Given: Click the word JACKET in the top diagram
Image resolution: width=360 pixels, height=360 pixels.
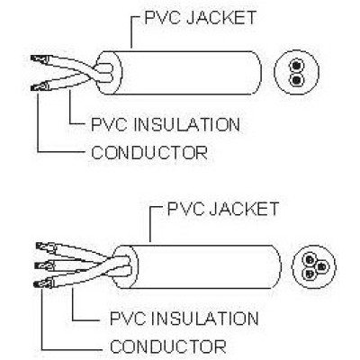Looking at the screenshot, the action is (221, 17).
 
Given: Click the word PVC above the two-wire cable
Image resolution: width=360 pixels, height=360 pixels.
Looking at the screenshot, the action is (163, 17).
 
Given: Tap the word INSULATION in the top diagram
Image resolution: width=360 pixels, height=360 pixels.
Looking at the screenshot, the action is (186, 124).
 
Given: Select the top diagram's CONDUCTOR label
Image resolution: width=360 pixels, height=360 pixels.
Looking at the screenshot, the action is (149, 152).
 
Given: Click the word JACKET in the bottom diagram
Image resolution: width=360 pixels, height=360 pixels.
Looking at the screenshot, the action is (244, 209).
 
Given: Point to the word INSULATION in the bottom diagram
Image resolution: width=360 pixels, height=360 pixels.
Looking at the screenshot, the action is (205, 319).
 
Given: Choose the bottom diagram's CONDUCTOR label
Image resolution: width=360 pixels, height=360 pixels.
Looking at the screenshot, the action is (168, 346).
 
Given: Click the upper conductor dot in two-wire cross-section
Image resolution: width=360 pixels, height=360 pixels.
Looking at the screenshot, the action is (296, 65).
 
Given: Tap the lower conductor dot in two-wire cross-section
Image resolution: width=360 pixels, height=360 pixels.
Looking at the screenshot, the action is (296, 79).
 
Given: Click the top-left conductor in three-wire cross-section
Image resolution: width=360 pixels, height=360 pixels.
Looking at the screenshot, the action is (309, 259).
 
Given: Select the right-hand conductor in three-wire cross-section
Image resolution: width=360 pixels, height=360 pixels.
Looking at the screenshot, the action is (321, 266).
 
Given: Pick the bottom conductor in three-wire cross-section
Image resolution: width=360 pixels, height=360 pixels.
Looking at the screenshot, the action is (310, 274).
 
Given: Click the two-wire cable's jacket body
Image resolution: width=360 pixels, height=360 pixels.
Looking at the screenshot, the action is (186, 73).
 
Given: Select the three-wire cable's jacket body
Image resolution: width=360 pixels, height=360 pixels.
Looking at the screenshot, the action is (204, 266).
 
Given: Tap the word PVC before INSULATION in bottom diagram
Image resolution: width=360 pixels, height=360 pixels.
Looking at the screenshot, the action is (128, 319).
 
